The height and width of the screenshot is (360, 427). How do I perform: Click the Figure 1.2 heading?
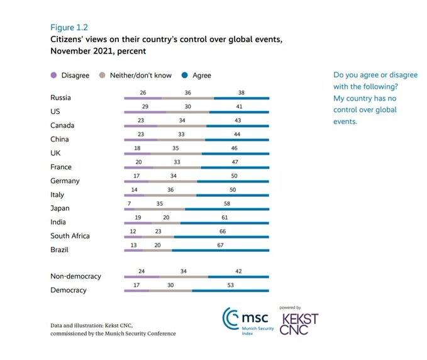point(69,27)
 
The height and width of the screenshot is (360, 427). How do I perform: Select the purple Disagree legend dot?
point(55,76)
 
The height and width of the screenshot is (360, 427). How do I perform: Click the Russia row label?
point(60,98)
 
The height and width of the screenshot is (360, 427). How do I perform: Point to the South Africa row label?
point(70,236)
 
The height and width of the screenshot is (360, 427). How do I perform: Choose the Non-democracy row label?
point(75,276)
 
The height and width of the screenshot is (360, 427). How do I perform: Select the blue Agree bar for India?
point(225,223)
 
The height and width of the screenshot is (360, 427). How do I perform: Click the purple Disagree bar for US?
point(145,112)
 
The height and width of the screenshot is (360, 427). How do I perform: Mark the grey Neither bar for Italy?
point(170,195)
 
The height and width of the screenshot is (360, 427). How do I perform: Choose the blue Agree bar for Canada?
point(237,126)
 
